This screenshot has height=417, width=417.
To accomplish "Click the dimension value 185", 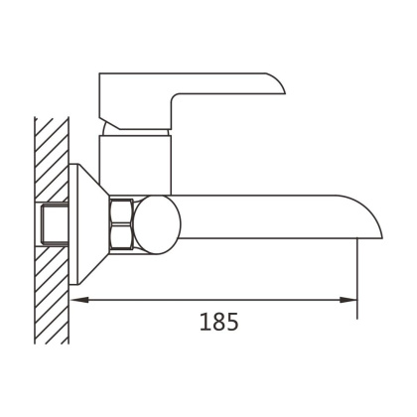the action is coord(218,322).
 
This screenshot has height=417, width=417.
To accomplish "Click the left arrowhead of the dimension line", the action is coord(79,300).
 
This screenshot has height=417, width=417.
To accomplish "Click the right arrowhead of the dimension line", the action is coord(348,300).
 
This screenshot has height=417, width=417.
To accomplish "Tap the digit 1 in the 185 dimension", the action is coord(205,322).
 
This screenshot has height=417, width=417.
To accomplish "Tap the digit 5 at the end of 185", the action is coord(232,322).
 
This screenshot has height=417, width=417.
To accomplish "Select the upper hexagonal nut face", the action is coord(122,211).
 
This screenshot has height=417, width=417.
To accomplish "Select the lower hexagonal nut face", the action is coord(122,236).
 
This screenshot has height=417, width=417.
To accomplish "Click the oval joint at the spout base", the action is coord(158,224).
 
